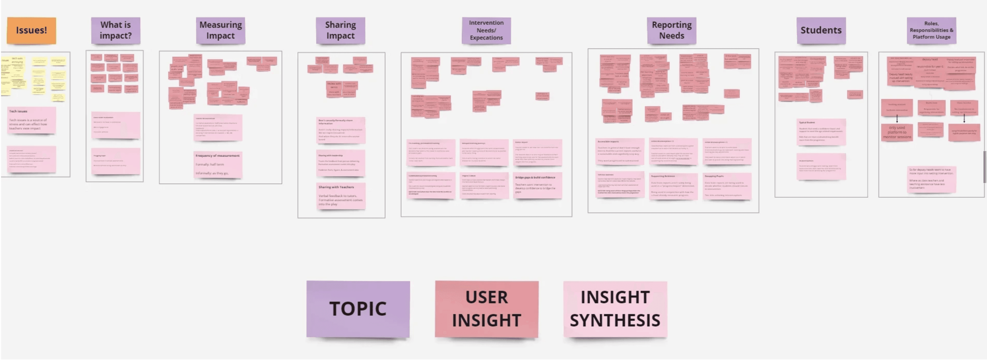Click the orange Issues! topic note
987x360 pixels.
click(x=31, y=30)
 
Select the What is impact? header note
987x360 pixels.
click(x=115, y=30)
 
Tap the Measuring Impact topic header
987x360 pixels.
click(x=220, y=30)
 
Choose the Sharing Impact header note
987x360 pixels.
click(x=340, y=30)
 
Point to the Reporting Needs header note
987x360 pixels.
click(x=671, y=30)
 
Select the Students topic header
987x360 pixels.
click(x=821, y=30)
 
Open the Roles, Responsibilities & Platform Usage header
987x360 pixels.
click(x=931, y=30)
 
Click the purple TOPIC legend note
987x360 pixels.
click(x=358, y=309)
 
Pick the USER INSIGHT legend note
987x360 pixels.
click(x=486, y=309)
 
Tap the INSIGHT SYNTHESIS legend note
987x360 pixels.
click(x=615, y=309)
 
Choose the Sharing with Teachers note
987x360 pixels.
click(x=341, y=196)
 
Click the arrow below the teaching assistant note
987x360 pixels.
click(x=897, y=119)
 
